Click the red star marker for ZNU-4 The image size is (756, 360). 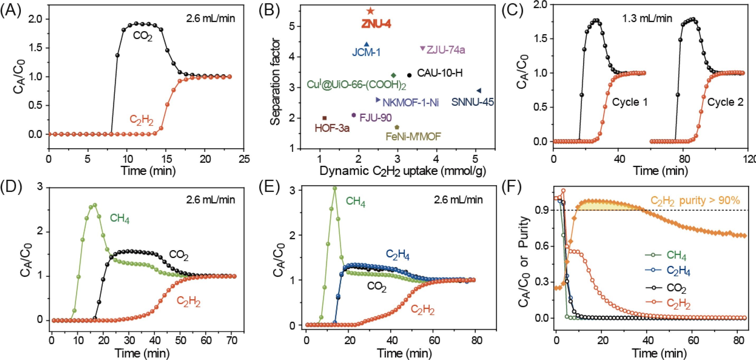(370, 11)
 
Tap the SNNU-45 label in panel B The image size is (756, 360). (472, 102)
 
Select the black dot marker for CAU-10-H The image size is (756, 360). (409, 75)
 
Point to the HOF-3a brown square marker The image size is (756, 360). (325, 118)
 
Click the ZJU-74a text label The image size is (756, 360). (446, 50)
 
